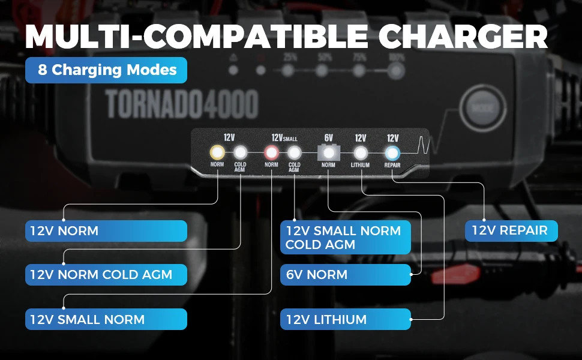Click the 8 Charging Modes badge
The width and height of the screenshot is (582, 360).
point(106,70)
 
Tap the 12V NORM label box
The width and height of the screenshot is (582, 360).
point(106,230)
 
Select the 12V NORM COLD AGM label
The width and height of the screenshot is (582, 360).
point(106,275)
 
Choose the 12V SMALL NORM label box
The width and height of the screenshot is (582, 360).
point(106,319)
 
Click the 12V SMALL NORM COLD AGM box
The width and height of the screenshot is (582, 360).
point(346,237)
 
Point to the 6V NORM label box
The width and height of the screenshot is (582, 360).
point(346,275)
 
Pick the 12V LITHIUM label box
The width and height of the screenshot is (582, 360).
point(346,319)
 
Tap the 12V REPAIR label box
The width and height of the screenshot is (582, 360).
point(512,230)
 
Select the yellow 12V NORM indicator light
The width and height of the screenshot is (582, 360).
point(217,152)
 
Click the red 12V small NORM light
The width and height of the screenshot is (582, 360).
point(271,152)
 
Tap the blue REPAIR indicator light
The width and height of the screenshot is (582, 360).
point(392,152)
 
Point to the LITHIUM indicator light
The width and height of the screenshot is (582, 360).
point(360,152)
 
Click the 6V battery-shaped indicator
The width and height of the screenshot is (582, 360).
point(328,152)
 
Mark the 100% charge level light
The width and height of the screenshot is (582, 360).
point(395,70)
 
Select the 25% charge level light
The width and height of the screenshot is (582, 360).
point(289,70)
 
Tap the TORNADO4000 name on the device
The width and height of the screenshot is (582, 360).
point(182,104)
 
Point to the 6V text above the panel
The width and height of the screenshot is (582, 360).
point(328,138)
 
